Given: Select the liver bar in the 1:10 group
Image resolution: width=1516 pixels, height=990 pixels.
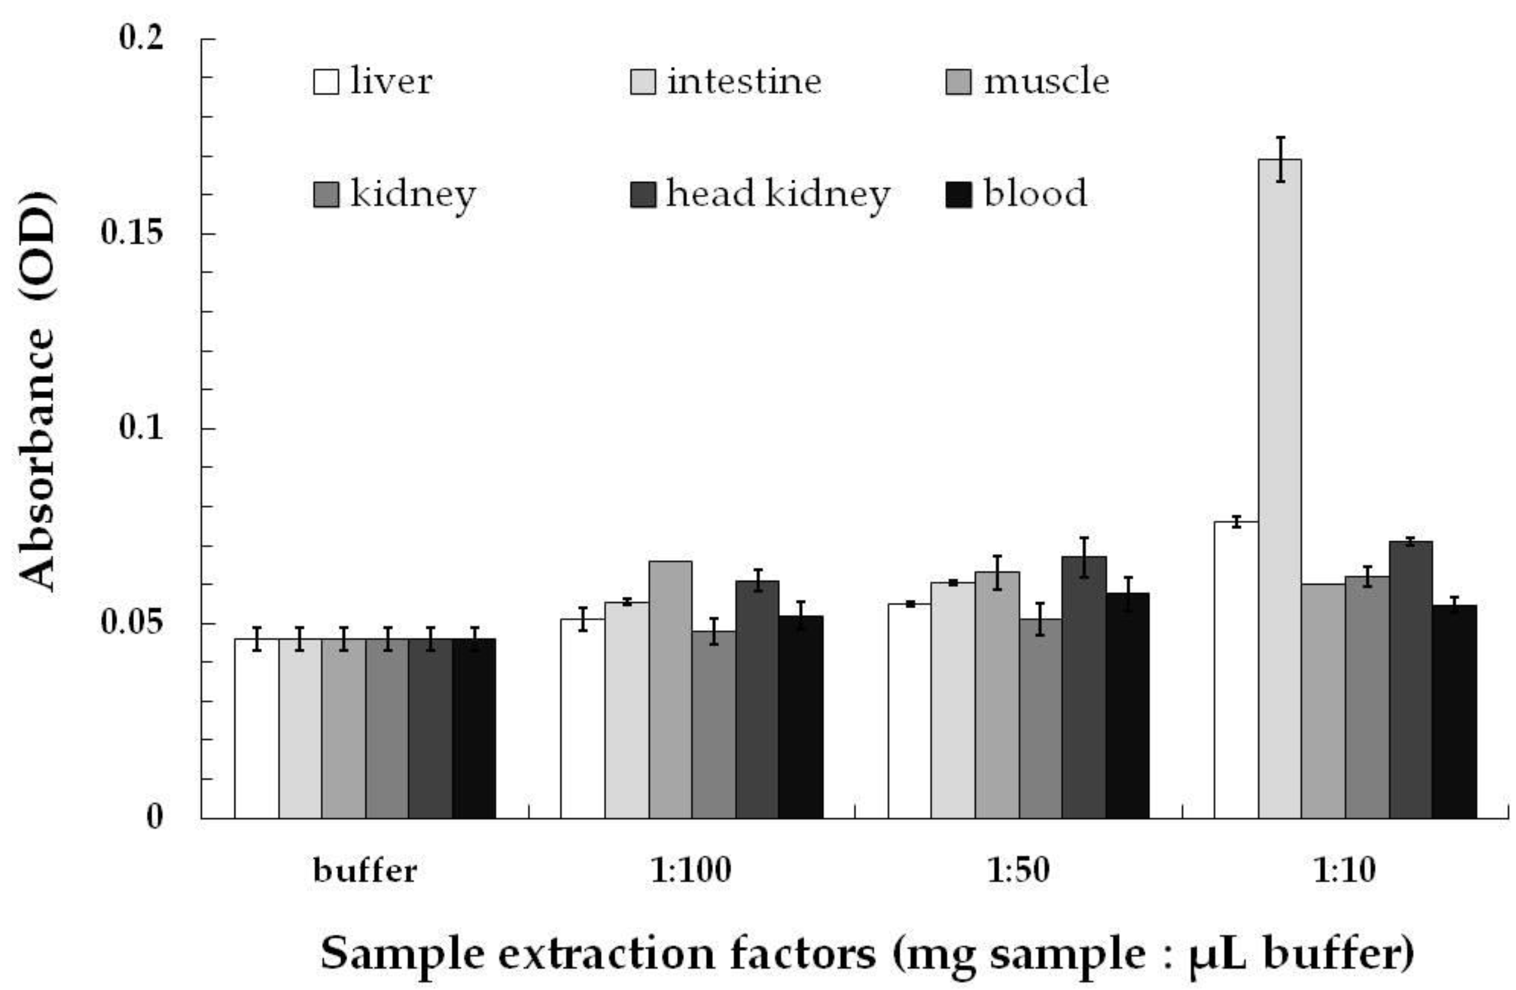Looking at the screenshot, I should [x=1235, y=669].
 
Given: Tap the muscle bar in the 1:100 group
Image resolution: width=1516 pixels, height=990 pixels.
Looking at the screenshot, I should [x=670, y=687].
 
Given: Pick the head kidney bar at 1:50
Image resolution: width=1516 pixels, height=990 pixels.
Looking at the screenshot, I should [x=1083, y=687].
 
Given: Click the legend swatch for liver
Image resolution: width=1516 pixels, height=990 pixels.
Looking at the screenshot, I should [x=325, y=82].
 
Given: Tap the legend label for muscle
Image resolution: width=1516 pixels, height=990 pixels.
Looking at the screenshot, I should [x=1046, y=82].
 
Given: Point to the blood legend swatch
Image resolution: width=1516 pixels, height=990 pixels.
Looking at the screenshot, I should [x=958, y=194].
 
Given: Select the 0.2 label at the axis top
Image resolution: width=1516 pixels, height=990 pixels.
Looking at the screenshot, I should [x=141, y=39].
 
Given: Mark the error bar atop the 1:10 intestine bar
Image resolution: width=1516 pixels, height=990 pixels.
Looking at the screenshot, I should [x=1280, y=159].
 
